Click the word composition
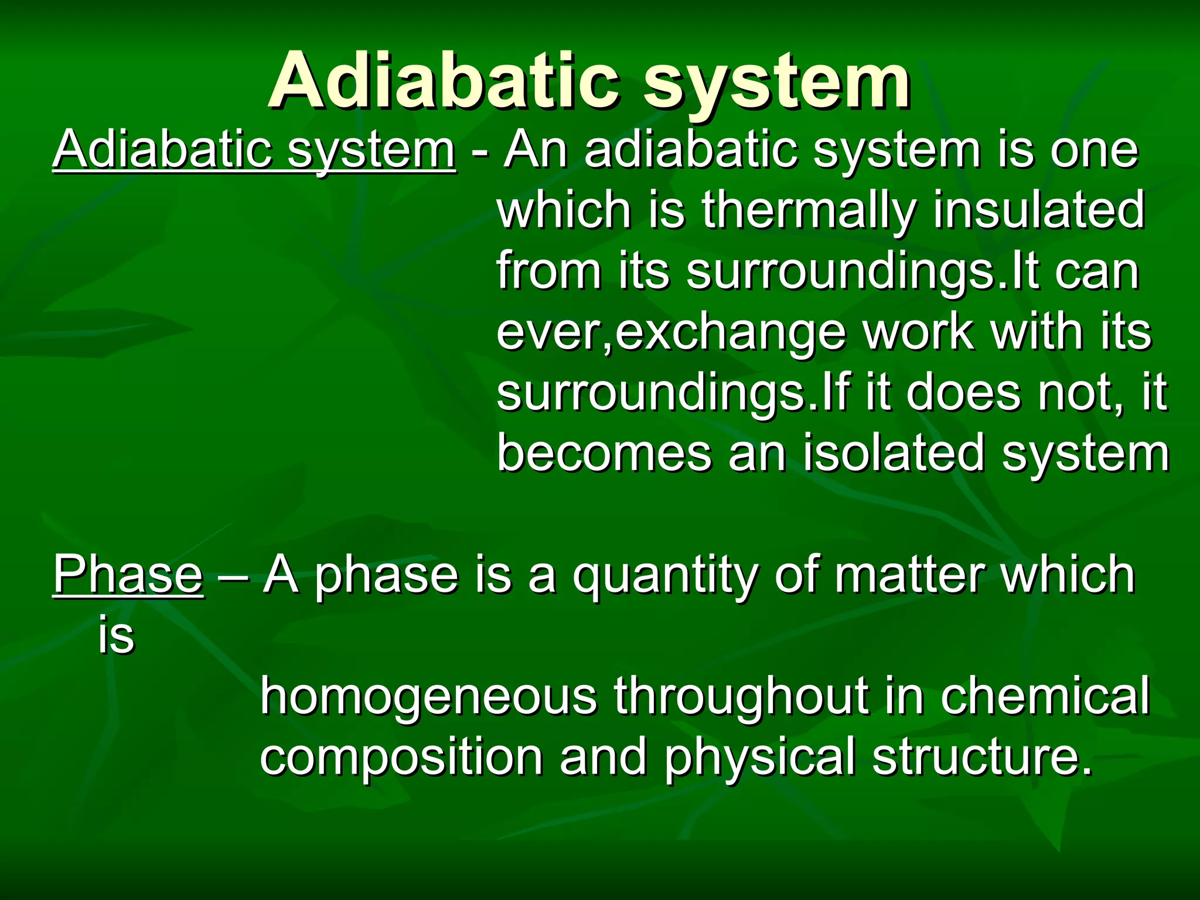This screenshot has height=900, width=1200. (401, 758)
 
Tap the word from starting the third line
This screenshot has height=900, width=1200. (548, 271)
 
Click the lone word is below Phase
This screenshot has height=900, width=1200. (116, 635)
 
